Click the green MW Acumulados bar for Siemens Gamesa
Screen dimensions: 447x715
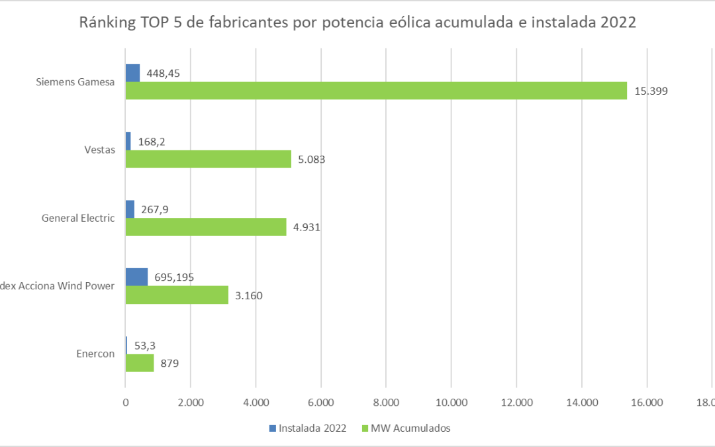coord(376,91)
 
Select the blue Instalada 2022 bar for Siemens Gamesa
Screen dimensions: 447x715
coord(132,73)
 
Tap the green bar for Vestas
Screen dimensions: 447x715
coord(208,159)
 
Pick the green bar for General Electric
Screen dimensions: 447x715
coord(206,227)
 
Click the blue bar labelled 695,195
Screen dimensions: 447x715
coord(136,277)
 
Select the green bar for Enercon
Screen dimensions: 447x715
coord(140,363)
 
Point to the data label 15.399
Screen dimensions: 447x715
coord(651,91)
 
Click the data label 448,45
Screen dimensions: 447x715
coord(163,73)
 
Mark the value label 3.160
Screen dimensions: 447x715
coord(250,295)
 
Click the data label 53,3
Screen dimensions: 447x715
coord(146,345)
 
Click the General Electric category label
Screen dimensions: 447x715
coord(78,218)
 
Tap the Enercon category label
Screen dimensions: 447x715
coord(95,354)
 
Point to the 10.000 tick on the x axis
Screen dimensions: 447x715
coord(451,401)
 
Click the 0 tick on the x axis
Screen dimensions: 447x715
coord(125,401)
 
